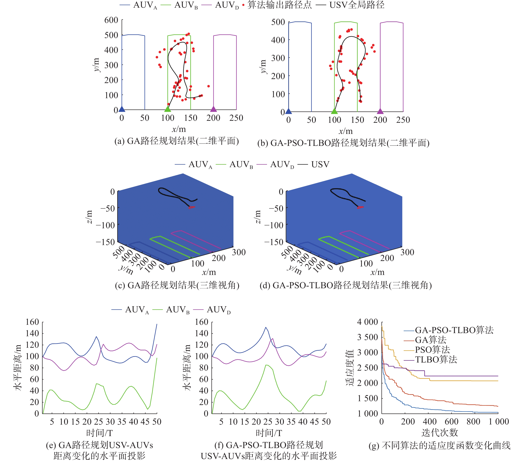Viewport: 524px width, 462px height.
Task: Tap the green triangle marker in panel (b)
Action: pyautogui.click(x=334, y=111)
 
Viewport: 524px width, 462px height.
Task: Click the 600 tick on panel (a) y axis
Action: pyautogui.click(x=111, y=20)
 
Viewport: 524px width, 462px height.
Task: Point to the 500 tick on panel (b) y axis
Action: pyautogui.click(x=278, y=22)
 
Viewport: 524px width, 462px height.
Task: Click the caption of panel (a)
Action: pyautogui.click(x=177, y=141)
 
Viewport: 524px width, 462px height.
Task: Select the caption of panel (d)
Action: pyautogui.click(x=346, y=285)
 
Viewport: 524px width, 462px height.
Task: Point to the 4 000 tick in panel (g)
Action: pyautogui.click(x=367, y=322)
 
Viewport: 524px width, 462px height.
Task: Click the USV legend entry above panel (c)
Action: pyautogui.click(x=320, y=164)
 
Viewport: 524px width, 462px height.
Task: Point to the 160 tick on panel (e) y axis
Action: pyautogui.click(x=32, y=322)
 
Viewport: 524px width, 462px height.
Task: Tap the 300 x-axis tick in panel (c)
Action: pyautogui.click(x=239, y=252)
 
